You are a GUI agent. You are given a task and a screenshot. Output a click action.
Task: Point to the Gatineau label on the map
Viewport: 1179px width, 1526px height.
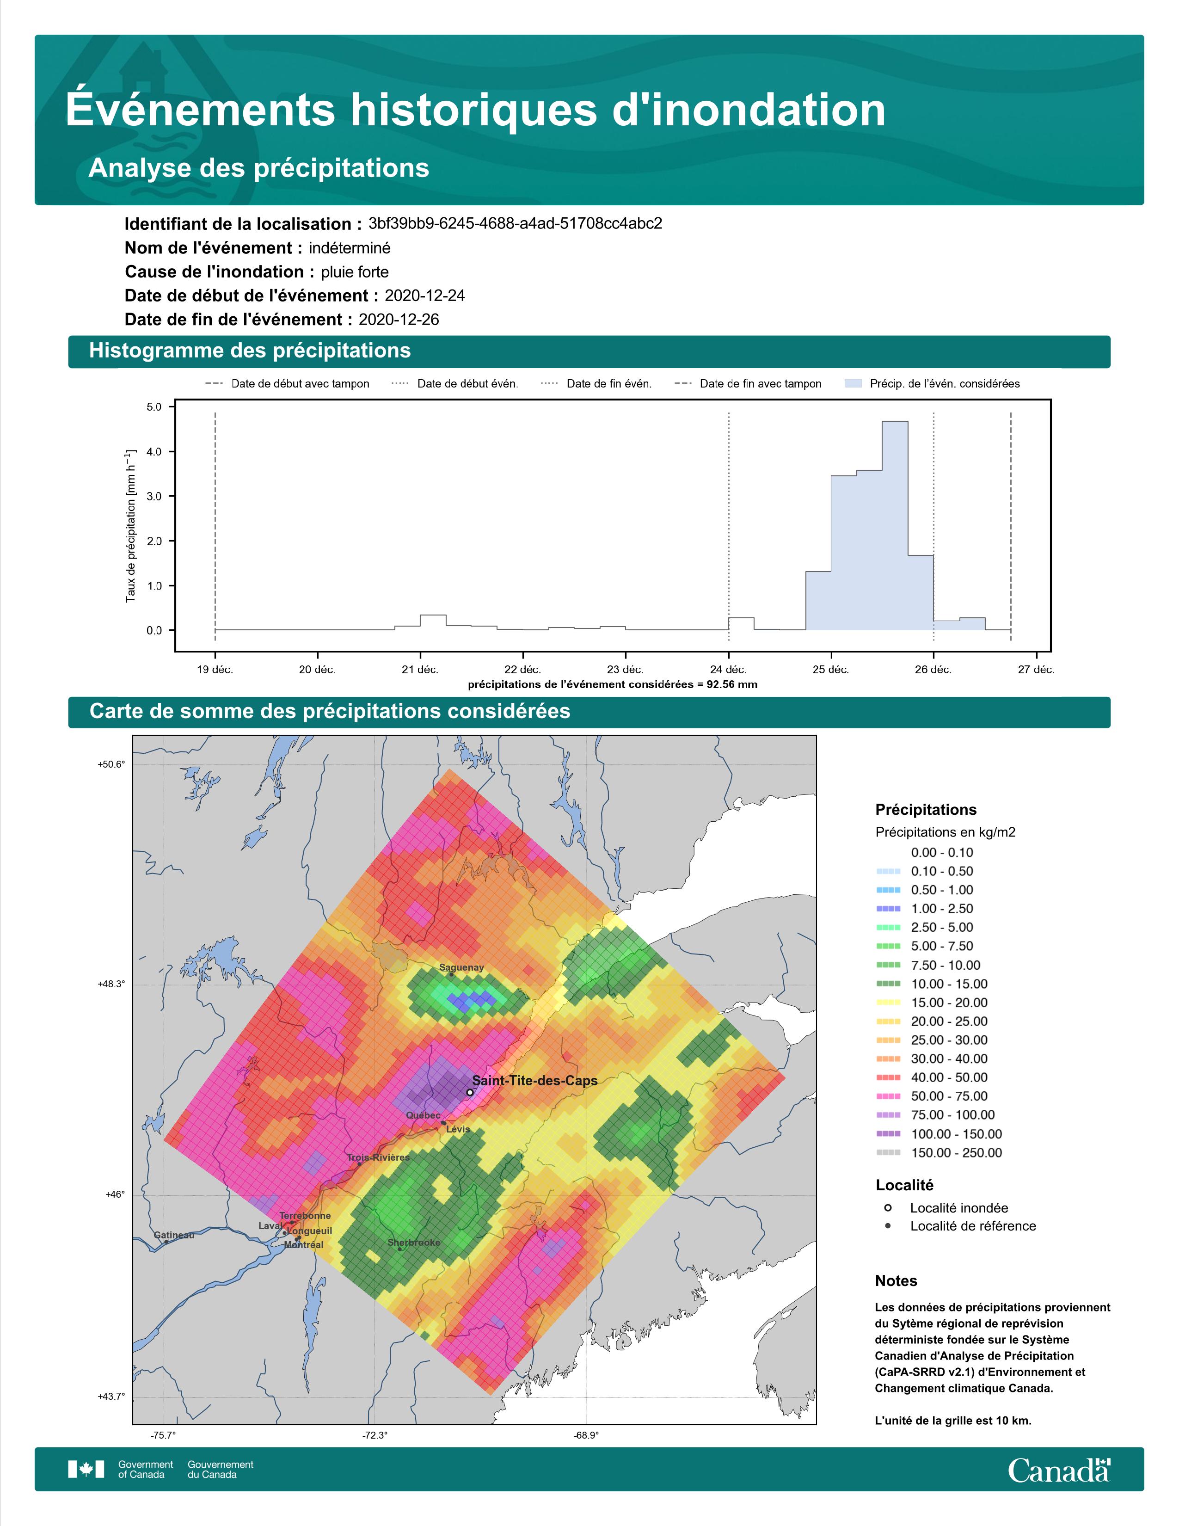coord(174,1235)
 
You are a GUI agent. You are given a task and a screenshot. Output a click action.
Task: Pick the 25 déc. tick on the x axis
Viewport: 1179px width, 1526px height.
coord(830,670)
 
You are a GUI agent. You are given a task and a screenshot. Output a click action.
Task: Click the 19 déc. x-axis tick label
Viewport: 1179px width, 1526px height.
coord(215,670)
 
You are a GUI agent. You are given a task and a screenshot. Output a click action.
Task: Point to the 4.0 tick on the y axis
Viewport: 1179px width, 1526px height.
coord(154,451)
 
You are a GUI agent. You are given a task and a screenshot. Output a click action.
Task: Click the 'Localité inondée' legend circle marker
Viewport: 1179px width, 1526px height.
coord(888,1207)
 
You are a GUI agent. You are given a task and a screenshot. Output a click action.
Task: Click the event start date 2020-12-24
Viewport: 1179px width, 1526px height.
coord(424,295)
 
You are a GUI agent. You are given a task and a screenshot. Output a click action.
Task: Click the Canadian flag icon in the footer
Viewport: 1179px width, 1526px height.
coord(86,1470)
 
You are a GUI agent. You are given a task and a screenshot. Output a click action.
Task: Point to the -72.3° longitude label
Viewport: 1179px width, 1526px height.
coord(375,1435)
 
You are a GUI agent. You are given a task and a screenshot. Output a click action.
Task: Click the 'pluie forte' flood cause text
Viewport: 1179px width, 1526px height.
coord(355,272)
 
